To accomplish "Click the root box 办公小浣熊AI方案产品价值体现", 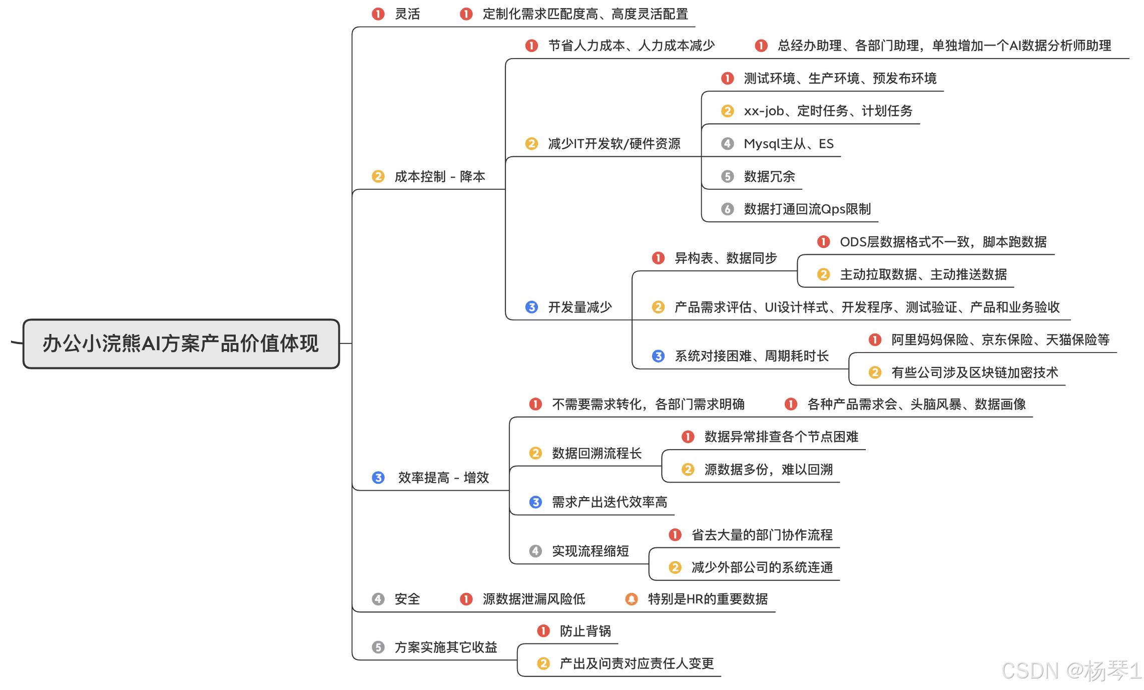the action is coord(181,343).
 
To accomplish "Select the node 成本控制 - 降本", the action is coord(440,177).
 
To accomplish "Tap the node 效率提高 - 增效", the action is coord(443,478).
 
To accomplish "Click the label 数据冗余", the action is coord(769,176).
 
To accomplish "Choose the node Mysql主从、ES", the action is coord(789,144).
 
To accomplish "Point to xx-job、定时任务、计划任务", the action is coord(828,111).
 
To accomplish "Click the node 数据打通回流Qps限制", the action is coord(807,209).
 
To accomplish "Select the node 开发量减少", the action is coord(580,307).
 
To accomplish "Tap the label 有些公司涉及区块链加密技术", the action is coord(974,373).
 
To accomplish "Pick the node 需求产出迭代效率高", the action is coord(610,502).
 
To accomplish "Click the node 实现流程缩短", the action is coord(591,551).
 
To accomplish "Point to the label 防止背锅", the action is coord(585,631).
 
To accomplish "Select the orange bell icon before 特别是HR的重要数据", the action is coord(632,599).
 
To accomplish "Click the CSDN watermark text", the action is coord(1071,671).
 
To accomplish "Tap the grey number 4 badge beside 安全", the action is coord(378,599).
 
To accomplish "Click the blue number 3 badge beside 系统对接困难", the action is coord(658,356).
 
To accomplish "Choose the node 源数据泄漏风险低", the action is coord(533,599).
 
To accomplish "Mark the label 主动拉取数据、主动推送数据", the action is coord(923,274).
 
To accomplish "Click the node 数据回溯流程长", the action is coord(597,453).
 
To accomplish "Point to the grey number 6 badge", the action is coord(727,209).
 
